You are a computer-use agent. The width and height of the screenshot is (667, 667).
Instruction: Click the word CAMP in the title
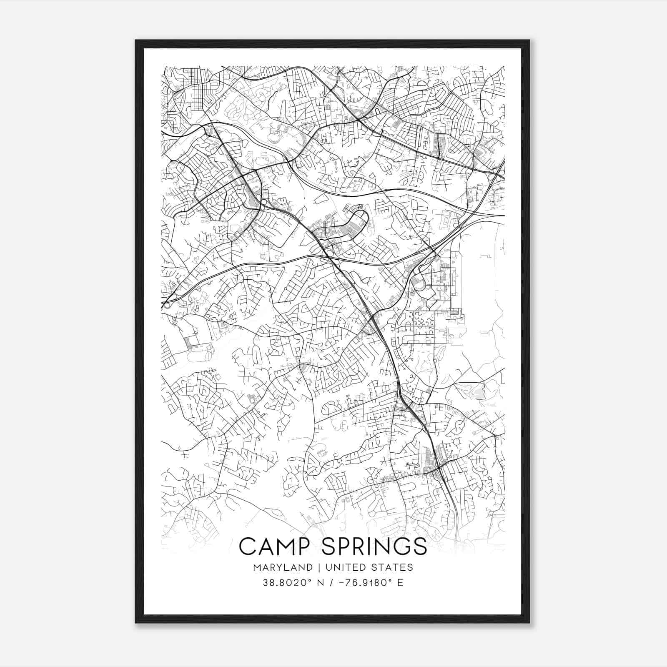pos(273,546)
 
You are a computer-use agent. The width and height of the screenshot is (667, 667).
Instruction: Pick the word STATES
pos(394,567)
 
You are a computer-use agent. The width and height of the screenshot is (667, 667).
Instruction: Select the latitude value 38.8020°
pos(283,583)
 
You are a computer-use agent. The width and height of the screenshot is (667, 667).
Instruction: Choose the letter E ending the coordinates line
pos(400,583)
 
